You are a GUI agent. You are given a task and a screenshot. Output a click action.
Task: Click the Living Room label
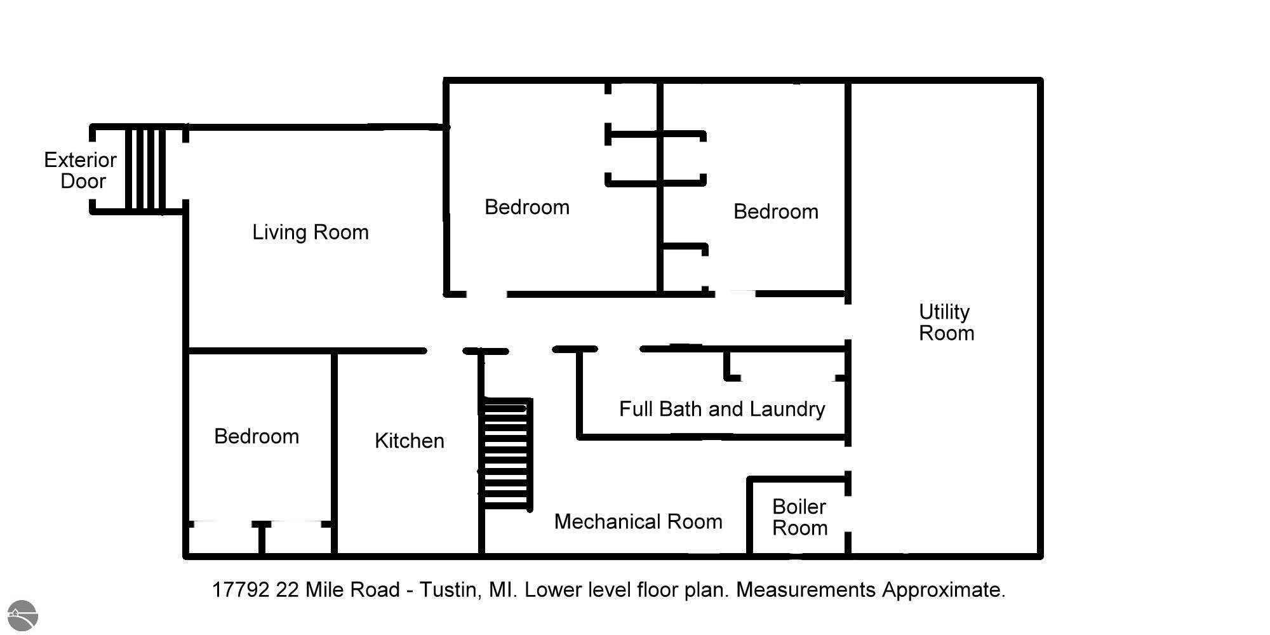pyautogui.click(x=311, y=232)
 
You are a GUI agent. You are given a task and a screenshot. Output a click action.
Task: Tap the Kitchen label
pyautogui.click(x=410, y=441)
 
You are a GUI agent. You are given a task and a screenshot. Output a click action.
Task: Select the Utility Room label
pyautogui.click(x=946, y=323)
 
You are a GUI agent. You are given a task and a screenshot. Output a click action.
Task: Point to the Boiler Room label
pyautogui.click(x=799, y=518)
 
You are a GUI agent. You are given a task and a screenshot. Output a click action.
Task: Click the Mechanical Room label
pyautogui.click(x=638, y=522)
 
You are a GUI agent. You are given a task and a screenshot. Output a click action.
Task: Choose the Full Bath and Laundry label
pyautogui.click(x=722, y=409)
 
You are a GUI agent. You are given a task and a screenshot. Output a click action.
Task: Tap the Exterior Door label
pyautogui.click(x=81, y=170)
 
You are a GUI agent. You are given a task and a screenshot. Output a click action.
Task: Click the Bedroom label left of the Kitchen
pyautogui.click(x=257, y=436)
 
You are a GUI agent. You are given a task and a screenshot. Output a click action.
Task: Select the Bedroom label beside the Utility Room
pyautogui.click(x=776, y=211)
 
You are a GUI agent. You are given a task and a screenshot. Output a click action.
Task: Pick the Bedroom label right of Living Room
pyautogui.click(x=527, y=207)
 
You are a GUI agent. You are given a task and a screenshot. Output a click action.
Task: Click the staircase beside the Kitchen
pyautogui.click(x=507, y=454)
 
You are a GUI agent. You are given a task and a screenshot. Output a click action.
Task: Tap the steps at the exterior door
pyautogui.click(x=145, y=169)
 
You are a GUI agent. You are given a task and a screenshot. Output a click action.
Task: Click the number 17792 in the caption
pyautogui.click(x=241, y=590)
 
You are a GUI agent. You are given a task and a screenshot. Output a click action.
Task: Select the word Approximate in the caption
pyautogui.click(x=944, y=590)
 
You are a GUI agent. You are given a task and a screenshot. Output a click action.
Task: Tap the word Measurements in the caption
pyautogui.click(x=806, y=590)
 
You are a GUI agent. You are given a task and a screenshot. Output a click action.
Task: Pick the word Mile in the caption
pyautogui.click(x=321, y=590)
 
